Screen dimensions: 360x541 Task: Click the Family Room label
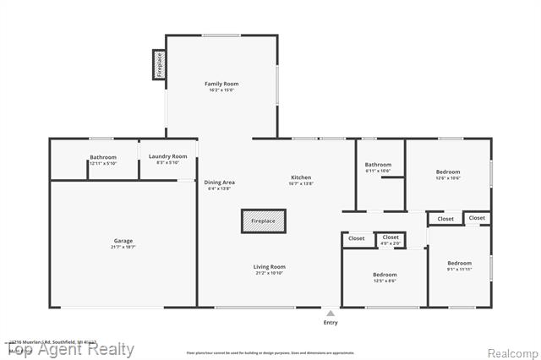(221, 84)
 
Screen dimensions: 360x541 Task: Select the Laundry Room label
(167, 156)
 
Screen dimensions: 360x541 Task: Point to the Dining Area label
(220, 183)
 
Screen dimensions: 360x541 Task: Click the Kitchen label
(301, 177)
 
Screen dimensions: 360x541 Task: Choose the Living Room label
(270, 267)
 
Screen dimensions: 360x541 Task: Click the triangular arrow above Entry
(331, 313)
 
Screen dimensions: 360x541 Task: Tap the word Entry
(331, 322)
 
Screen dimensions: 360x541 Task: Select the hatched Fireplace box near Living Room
(263, 221)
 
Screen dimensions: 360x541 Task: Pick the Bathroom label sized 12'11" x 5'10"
(103, 157)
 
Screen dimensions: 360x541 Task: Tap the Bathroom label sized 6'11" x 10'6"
(378, 165)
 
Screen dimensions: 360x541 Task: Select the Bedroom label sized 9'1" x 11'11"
(459, 263)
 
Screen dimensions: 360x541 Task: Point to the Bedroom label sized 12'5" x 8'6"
(385, 275)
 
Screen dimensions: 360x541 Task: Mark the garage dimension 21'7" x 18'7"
(123, 247)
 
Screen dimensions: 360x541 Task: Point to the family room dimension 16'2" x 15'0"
(221, 90)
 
